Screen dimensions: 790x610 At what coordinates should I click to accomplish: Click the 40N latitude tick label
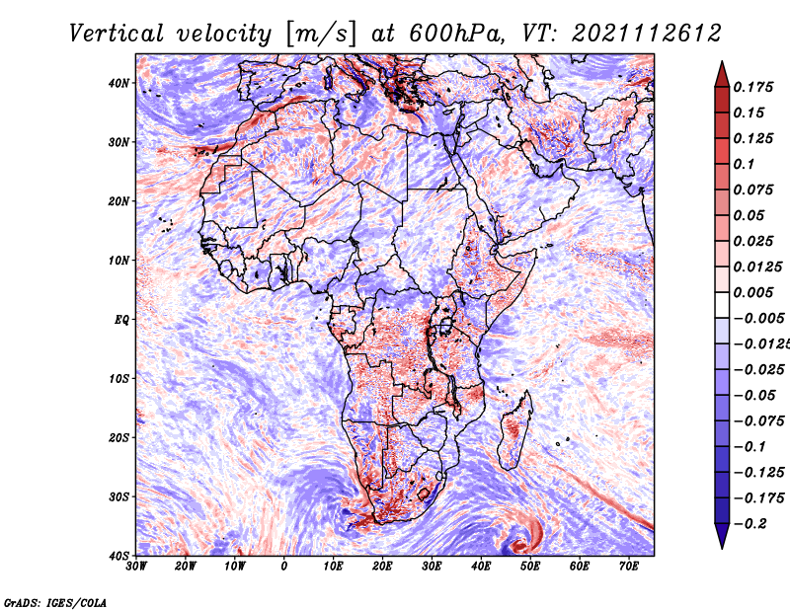[118, 83]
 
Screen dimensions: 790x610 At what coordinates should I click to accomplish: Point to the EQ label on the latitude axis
[121, 320]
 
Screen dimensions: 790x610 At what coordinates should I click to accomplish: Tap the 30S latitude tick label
[118, 497]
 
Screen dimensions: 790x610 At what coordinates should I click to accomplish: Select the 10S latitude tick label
[118, 379]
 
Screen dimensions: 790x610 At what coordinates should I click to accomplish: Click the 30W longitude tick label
[136, 567]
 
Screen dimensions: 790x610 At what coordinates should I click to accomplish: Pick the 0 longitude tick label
[284, 567]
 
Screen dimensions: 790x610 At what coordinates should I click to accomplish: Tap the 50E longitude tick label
[530, 567]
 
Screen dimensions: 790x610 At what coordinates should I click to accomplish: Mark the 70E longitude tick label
[628, 567]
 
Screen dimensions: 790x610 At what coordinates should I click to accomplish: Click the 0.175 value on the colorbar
[753, 88]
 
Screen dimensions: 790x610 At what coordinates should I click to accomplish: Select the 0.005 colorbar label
[753, 292]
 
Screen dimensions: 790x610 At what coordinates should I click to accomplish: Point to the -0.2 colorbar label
[750, 524]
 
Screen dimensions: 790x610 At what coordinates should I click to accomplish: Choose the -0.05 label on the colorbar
[754, 396]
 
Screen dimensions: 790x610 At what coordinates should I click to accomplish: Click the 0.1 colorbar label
[745, 164]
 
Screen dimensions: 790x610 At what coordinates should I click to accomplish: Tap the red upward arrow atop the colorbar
[722, 75]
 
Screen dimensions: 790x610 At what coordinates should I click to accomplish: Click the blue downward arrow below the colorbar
[722, 536]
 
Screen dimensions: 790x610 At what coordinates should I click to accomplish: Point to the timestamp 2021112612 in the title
[647, 34]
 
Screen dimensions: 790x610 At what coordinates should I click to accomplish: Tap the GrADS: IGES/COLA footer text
[55, 603]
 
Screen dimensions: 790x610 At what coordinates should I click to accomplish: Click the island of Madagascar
[514, 430]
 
